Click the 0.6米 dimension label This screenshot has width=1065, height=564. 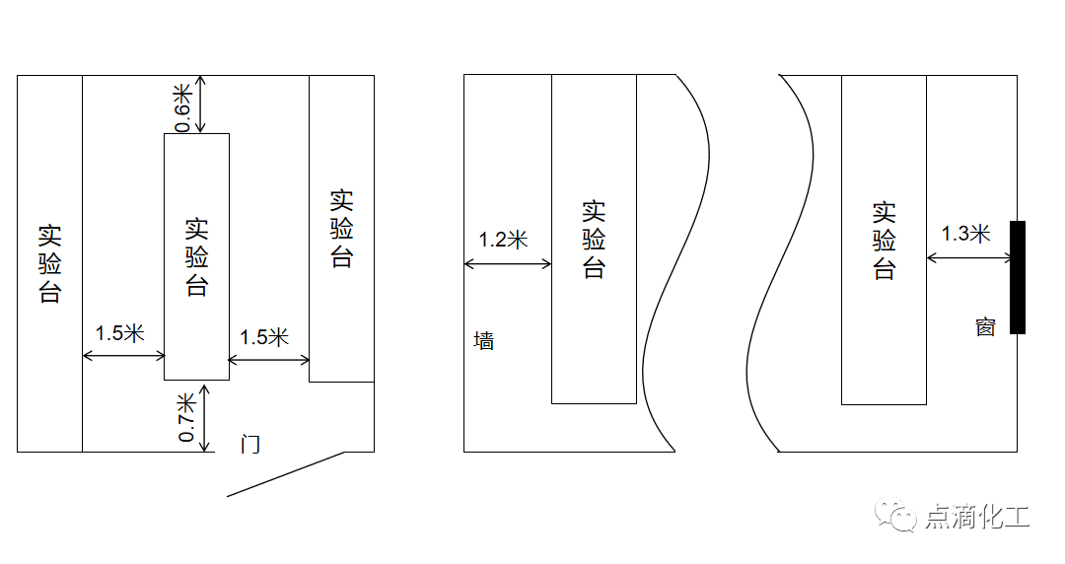click(x=183, y=108)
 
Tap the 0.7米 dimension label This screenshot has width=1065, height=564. click(x=186, y=417)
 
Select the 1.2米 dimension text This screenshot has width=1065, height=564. click(x=503, y=240)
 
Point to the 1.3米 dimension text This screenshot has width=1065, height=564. click(x=965, y=234)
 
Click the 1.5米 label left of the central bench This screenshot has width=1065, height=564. click(x=119, y=333)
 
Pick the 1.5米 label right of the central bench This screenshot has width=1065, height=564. click(x=264, y=336)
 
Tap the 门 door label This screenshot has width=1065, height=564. click(x=249, y=444)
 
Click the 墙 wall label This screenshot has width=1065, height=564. click(x=483, y=340)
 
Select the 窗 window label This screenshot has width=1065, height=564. click(x=985, y=326)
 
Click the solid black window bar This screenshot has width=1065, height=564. click(x=1018, y=277)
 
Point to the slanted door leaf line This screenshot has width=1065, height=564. click(x=285, y=474)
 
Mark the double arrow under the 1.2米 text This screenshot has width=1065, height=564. click(x=508, y=263)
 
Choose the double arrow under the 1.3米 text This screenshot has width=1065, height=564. click(x=969, y=257)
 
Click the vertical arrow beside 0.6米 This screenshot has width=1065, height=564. click(x=200, y=104)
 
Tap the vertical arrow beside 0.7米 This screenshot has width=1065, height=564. click(x=204, y=416)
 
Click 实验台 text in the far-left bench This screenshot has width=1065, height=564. click(x=49, y=263)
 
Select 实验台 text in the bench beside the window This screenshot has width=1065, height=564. click(x=884, y=241)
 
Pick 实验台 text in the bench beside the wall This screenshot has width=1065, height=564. click(x=594, y=240)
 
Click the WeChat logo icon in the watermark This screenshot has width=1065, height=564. click(x=895, y=515)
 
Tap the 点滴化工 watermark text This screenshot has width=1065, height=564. click(x=977, y=517)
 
